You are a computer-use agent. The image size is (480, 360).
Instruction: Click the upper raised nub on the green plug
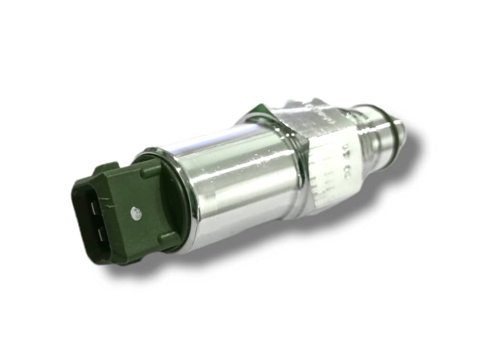tap(151, 170)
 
